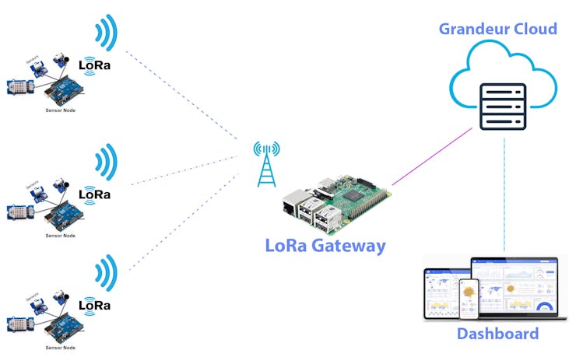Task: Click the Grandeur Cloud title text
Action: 498,30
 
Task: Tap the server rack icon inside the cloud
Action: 503,107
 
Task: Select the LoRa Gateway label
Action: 325,246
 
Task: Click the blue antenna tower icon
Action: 266,163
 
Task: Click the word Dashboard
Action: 497,334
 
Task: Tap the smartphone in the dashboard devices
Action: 469,299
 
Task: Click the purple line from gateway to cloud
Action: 433,156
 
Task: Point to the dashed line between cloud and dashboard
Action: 504,194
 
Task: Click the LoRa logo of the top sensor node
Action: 94,65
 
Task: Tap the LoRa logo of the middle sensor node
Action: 94,194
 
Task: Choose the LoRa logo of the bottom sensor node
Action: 94,304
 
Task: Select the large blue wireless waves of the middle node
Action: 105,163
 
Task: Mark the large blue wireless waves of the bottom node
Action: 105,273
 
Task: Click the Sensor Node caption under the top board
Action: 60,111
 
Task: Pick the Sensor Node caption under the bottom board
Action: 60,347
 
